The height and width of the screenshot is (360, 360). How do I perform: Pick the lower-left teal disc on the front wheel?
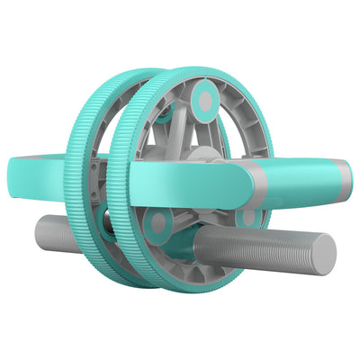(159, 224)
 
